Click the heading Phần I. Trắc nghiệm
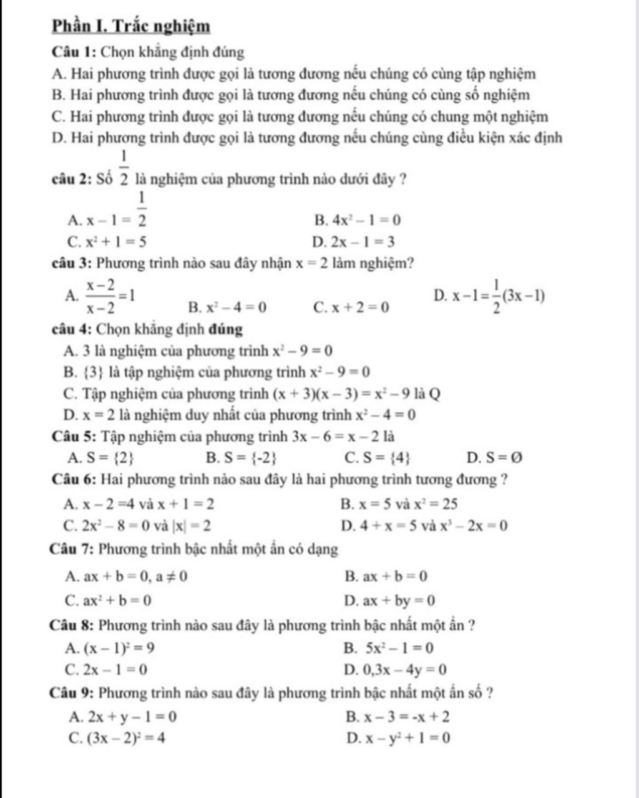click(131, 27)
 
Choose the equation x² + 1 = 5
click(117, 242)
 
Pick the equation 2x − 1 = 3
click(363, 242)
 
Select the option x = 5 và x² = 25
click(409, 504)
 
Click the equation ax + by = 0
click(399, 601)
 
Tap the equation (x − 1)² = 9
click(119, 648)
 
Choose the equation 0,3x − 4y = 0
click(405, 670)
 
